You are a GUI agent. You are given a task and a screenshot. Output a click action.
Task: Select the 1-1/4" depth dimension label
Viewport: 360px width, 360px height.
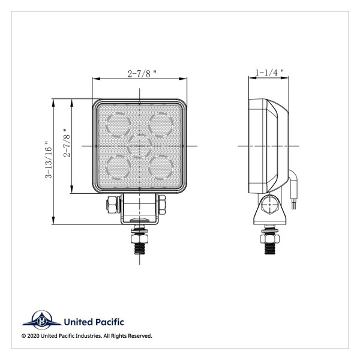[x=269, y=73]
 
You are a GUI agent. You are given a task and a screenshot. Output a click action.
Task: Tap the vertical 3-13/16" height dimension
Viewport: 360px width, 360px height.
[x=47, y=160]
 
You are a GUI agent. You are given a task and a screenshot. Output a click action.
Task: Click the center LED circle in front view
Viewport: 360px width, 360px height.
[x=140, y=145]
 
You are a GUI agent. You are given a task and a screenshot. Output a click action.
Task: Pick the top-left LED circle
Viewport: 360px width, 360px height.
[x=118, y=124]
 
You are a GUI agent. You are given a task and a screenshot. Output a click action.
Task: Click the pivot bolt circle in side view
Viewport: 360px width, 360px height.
[x=268, y=207]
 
